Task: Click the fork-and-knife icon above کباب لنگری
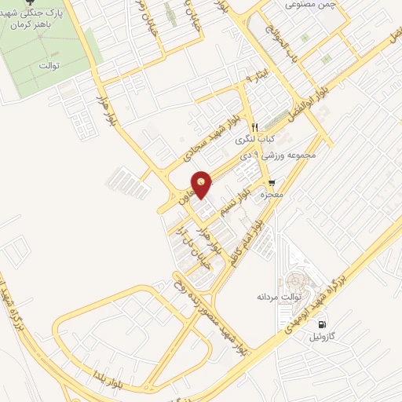pos(254,127)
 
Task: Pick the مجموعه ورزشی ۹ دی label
pos(283,155)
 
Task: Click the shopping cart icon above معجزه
pos(272,182)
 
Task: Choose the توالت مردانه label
pos(275,297)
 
